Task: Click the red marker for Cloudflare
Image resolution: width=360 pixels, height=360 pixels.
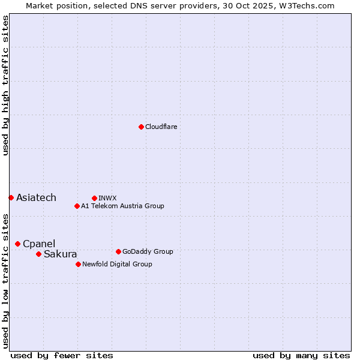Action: (141, 127)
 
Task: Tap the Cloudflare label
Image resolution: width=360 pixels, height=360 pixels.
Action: (161, 127)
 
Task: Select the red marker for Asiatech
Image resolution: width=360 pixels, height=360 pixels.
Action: (11, 197)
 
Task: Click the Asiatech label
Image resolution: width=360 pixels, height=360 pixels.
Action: (36, 198)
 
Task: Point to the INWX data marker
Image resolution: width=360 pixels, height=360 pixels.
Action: (94, 198)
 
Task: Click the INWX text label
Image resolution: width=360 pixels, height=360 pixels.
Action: (107, 198)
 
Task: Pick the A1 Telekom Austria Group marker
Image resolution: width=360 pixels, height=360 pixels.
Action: (77, 206)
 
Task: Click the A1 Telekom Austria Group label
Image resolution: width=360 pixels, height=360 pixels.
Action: (122, 206)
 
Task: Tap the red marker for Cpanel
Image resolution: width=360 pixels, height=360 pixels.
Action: (17, 244)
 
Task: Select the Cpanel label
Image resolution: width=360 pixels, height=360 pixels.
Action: (39, 244)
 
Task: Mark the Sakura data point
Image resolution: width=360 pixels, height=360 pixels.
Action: (38, 254)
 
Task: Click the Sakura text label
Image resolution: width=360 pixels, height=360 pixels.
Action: (61, 254)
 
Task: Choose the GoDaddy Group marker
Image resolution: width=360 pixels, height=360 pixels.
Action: (118, 251)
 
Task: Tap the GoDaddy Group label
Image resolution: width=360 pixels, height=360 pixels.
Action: (148, 251)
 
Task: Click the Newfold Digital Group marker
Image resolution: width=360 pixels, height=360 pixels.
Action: (78, 264)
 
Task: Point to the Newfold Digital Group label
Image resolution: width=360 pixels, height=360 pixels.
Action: (117, 264)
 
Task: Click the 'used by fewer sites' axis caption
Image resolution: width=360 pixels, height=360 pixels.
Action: (62, 355)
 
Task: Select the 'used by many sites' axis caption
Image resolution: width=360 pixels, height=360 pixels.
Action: (301, 355)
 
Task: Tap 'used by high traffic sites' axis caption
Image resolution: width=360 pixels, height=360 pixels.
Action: (5, 85)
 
